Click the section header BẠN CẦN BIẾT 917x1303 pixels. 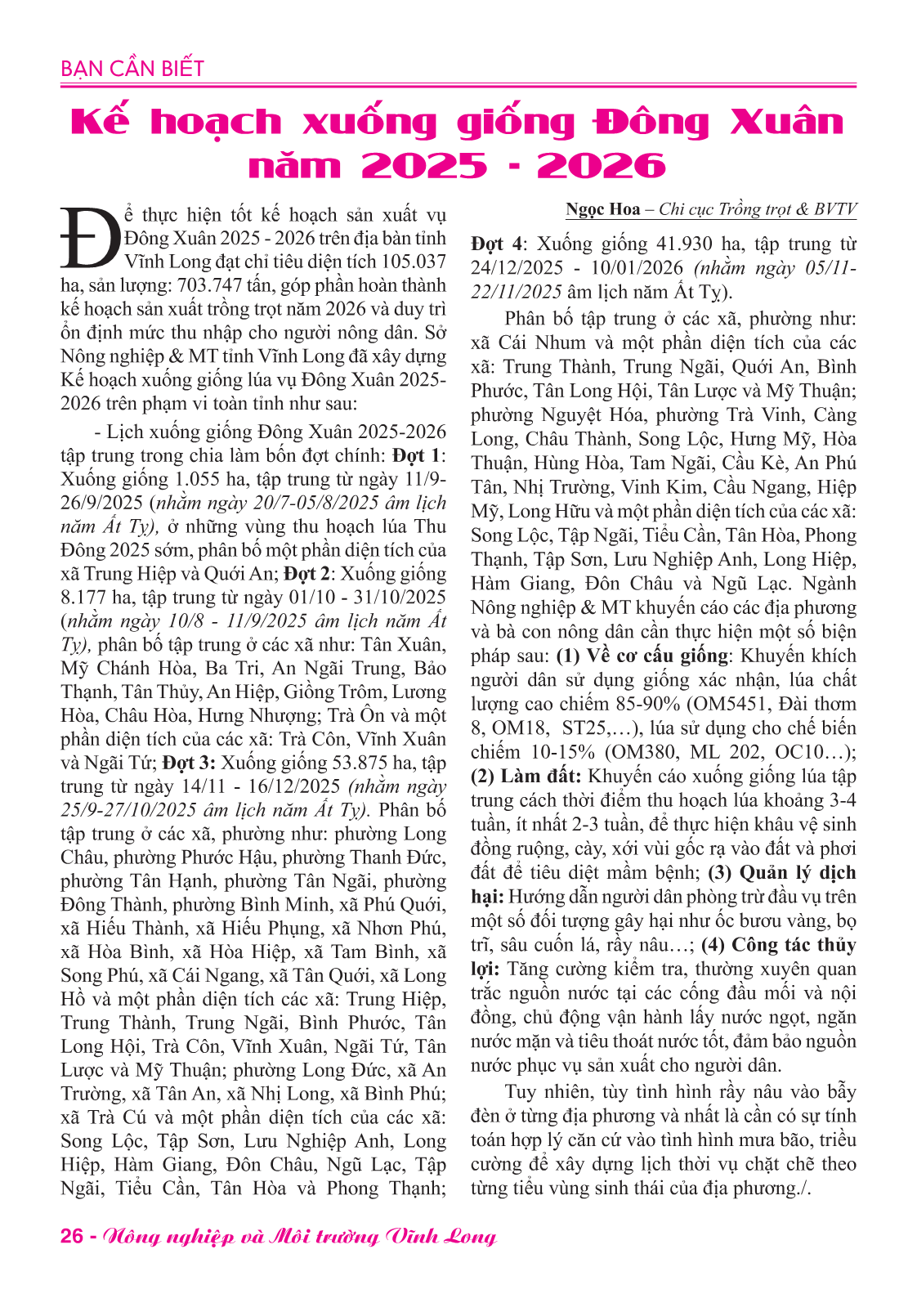(132, 69)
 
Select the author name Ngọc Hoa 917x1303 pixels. (603, 209)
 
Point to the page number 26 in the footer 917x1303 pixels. (72, 1236)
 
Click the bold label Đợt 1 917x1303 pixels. (417, 455)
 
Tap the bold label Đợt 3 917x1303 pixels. (189, 763)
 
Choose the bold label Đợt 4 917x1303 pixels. (497, 244)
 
